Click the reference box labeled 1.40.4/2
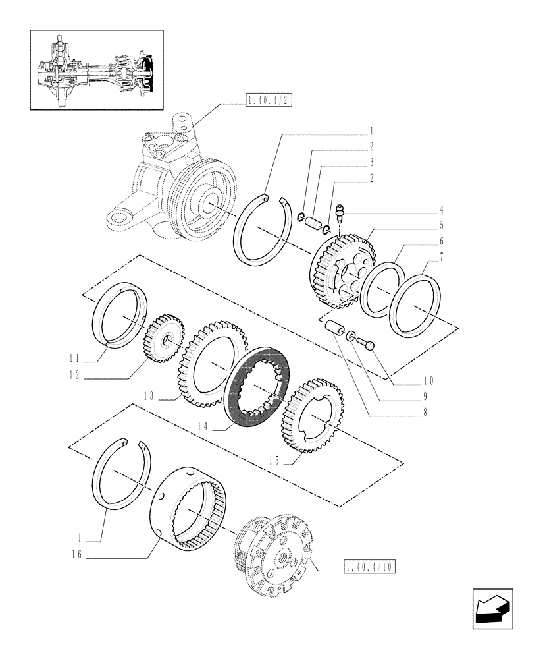click(x=268, y=100)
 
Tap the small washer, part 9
click(x=350, y=336)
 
